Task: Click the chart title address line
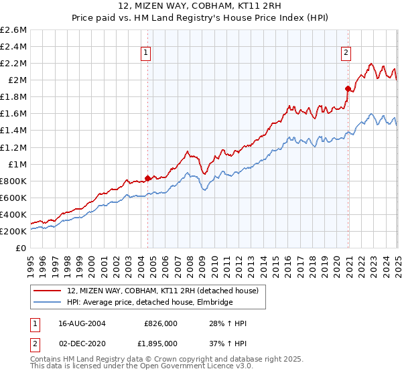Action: tap(200, 7)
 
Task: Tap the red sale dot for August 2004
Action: tap(148, 177)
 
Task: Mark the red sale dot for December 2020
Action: tap(348, 88)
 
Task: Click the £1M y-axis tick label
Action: tap(17, 164)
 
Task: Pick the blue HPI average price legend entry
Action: tap(149, 303)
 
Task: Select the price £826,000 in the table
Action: tap(160, 323)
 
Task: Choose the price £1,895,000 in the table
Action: tap(160, 343)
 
